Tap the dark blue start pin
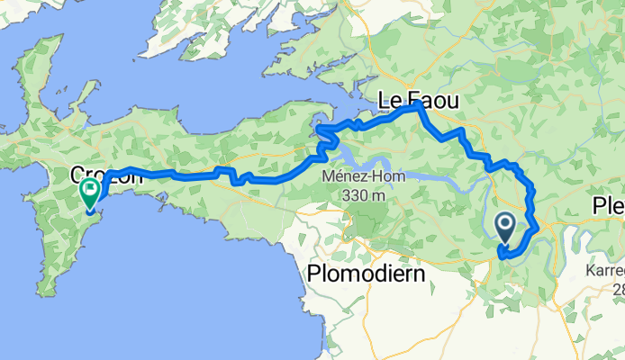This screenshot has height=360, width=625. (506, 226)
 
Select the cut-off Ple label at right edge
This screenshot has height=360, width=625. (608, 206)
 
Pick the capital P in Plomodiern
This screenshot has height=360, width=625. (314, 274)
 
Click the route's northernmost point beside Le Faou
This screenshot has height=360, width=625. (417, 105)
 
